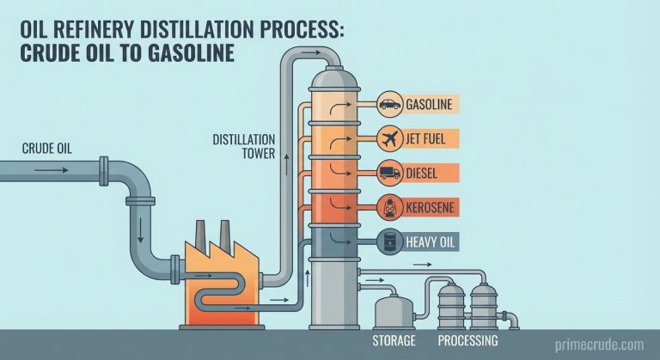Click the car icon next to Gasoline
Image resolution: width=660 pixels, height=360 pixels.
388,106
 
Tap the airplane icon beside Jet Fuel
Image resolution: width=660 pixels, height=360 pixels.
388,137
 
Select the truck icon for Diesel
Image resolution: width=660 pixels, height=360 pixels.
388,172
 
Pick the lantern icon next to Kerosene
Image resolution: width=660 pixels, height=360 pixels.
388,206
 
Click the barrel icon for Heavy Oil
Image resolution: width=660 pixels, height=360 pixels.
388,241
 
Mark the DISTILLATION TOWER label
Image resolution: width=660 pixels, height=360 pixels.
244,146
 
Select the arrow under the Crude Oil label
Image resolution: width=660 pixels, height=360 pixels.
51,169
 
